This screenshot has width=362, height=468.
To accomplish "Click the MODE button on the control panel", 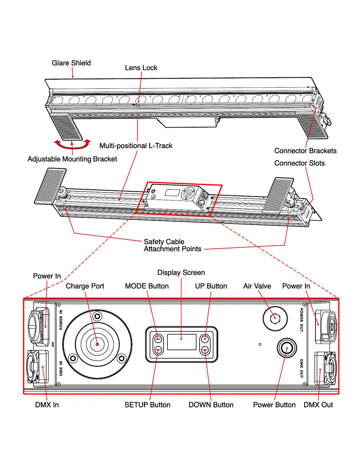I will pyautogui.click(x=158, y=339).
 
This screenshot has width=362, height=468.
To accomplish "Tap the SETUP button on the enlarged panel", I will pyautogui.click(x=158, y=350).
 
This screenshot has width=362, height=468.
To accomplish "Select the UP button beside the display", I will pyautogui.click(x=205, y=339).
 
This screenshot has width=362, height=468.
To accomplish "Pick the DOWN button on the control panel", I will pyautogui.click(x=205, y=350).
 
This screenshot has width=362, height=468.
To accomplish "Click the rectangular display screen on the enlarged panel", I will pyautogui.click(x=182, y=342).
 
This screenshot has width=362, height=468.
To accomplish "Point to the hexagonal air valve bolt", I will pyautogui.click(x=275, y=318).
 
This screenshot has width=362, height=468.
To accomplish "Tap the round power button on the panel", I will pyautogui.click(x=287, y=348).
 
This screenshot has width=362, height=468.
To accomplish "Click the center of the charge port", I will pyautogui.click(x=97, y=344).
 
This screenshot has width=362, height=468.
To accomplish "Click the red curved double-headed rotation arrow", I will pyautogui.click(x=72, y=145).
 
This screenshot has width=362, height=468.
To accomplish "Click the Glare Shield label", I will pyautogui.click(x=71, y=63).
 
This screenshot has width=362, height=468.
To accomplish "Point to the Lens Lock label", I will pyautogui.click(x=141, y=68).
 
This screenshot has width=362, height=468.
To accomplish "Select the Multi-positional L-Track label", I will pyautogui.click(x=136, y=146).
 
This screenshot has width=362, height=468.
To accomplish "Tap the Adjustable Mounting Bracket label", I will pyautogui.click(x=72, y=159).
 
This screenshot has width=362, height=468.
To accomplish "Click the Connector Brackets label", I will pyautogui.click(x=305, y=151).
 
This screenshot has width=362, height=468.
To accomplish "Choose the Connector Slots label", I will pyautogui.click(x=299, y=163).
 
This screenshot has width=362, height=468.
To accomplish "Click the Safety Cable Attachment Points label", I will pyautogui.click(x=172, y=246).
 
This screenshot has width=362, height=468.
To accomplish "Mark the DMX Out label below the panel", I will pyautogui.click(x=318, y=405).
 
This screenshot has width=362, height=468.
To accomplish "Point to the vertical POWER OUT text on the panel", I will pyautogui.click(x=301, y=320).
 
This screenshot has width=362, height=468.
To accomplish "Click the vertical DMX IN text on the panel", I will pyautogui.click(x=61, y=368).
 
